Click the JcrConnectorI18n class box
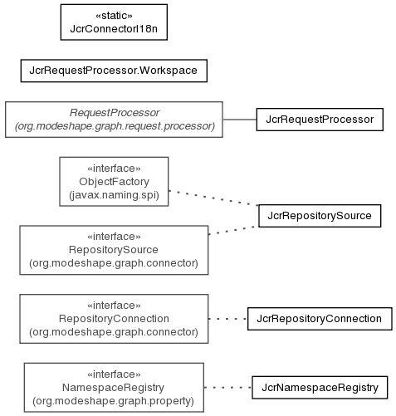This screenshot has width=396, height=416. [x=114, y=22]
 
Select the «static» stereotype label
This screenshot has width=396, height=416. [x=114, y=16]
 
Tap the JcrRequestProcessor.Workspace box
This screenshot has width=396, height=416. [x=114, y=71]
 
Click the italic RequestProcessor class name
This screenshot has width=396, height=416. [x=115, y=113]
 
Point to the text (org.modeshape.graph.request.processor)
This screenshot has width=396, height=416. [x=115, y=126]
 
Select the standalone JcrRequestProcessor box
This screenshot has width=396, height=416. [x=320, y=120]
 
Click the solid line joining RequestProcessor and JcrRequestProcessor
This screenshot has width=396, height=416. [x=240, y=120]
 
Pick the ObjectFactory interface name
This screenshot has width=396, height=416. [x=114, y=182]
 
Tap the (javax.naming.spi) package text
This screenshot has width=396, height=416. [x=114, y=195]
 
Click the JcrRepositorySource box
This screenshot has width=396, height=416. [x=320, y=216]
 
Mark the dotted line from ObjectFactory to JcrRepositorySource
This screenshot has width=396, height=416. [x=213, y=198]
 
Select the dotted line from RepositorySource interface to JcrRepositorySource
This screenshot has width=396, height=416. [x=233, y=231]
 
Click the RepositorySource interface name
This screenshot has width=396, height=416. [x=114, y=250]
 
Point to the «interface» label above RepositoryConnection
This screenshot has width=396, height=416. [x=114, y=306]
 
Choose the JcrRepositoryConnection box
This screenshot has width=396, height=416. [x=320, y=319]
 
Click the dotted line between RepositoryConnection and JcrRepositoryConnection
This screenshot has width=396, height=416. [x=227, y=319]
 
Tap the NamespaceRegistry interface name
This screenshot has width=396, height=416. [x=113, y=388]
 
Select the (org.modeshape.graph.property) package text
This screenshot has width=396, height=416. [x=113, y=401]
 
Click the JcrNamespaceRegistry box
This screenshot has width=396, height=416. [x=320, y=388]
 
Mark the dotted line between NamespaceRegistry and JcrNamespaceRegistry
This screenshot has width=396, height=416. [x=227, y=388]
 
